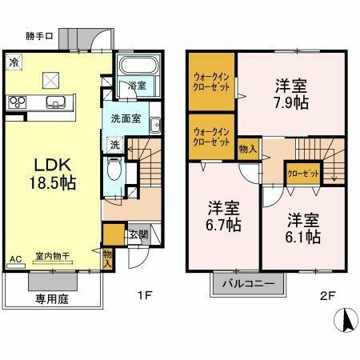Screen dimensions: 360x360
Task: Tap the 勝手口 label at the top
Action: tap(39, 36)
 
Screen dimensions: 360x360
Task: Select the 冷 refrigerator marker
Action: tap(14, 61)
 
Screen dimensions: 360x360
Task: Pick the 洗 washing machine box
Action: tap(115, 146)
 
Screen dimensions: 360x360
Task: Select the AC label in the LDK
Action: tap(14, 259)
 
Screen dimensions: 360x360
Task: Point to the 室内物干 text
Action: tap(52, 257)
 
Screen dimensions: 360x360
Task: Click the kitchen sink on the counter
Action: tap(57, 101)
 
